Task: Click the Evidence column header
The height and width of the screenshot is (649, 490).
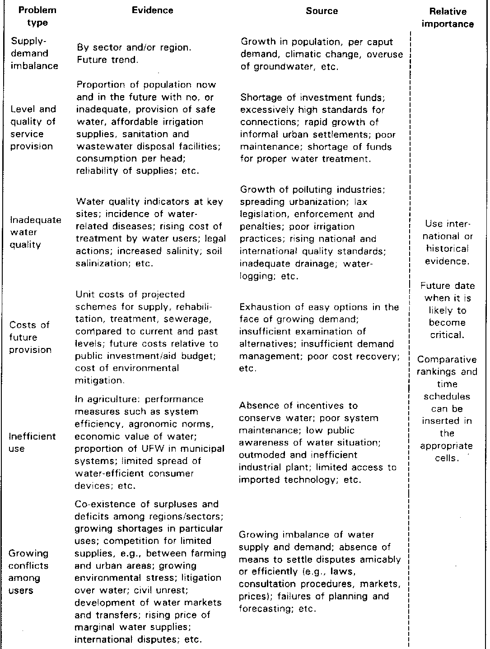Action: click(152, 11)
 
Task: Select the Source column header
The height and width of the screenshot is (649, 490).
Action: click(322, 11)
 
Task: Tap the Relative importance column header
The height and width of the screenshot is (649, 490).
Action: click(448, 18)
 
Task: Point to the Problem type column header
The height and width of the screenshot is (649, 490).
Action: click(34, 16)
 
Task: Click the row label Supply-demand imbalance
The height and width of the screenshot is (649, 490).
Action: click(35, 53)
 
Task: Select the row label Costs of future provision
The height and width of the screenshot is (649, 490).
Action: click(31, 337)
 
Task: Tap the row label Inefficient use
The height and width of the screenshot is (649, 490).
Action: click(32, 442)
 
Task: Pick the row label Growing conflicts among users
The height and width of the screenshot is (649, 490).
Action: click(29, 572)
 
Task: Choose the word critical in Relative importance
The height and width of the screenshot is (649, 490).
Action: click(447, 335)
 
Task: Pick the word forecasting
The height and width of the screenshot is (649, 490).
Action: click(263, 609)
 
